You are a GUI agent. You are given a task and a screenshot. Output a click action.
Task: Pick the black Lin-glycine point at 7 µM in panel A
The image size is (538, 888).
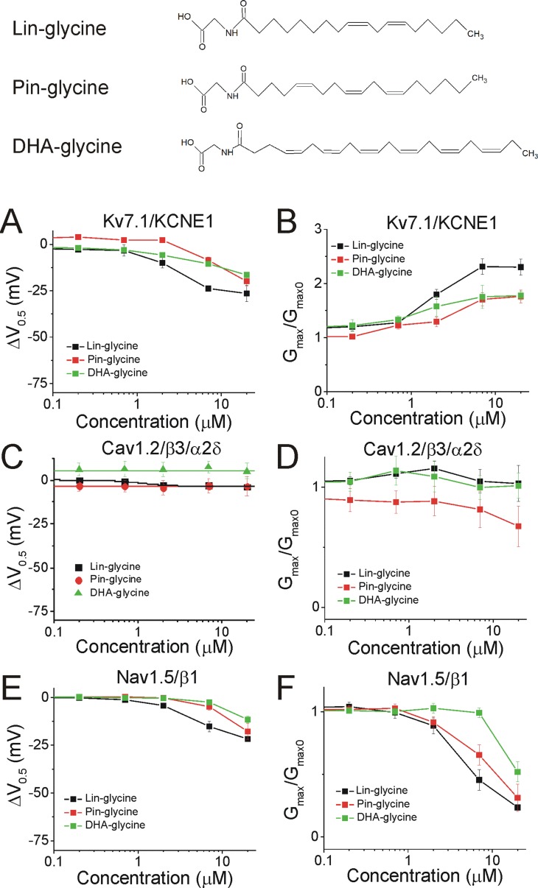pyautogui.click(x=209, y=288)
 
